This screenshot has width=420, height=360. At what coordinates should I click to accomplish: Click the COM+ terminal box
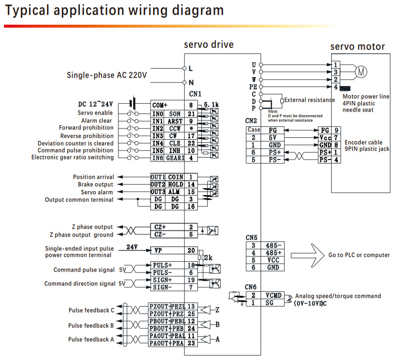click(159, 105)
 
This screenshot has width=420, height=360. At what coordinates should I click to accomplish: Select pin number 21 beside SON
click(191, 113)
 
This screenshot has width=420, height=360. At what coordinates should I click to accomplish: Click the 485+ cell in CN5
click(273, 253)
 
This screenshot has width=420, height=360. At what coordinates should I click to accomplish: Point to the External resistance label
click(309, 100)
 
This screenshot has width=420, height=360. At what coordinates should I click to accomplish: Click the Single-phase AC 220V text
click(107, 76)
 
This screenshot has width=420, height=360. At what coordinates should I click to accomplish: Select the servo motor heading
click(357, 47)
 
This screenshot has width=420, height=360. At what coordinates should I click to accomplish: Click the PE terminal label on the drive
click(253, 86)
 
